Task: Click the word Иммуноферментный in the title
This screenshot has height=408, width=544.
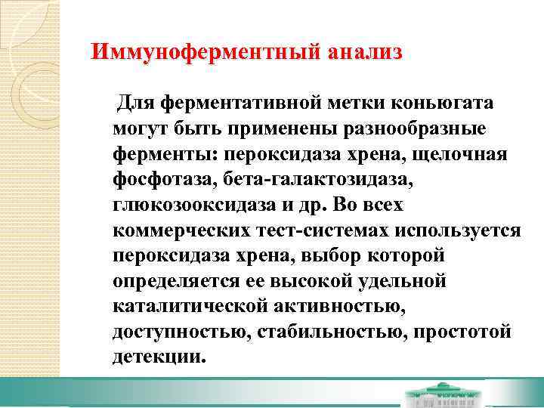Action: pos(206,53)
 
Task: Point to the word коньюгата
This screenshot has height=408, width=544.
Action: pos(450,102)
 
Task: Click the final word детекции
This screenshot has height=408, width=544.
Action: pos(159,357)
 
